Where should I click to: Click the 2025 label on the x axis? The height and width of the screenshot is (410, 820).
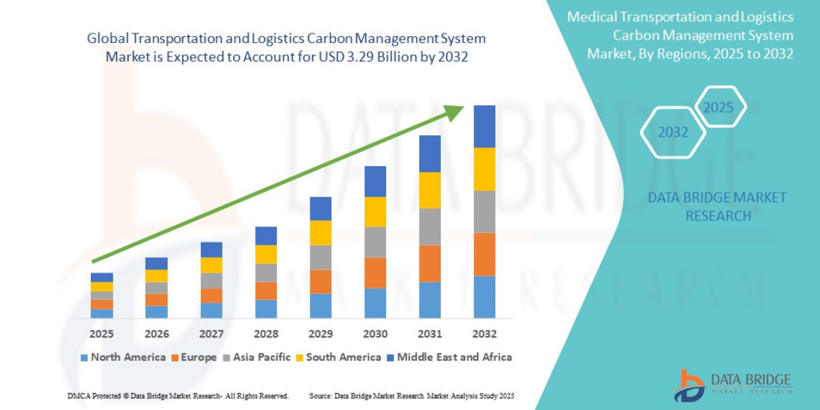coord(101,334)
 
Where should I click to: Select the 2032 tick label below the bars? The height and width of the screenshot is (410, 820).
coord(484,334)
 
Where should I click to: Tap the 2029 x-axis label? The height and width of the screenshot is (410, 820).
coord(320,334)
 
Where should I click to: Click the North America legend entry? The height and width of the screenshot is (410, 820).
coord(123,357)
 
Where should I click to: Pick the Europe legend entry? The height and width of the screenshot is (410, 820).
coord(194,357)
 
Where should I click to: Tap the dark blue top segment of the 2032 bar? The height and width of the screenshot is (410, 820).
coord(484,126)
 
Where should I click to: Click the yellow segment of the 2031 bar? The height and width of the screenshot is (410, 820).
coord(429,190)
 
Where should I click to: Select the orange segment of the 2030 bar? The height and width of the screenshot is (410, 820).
coord(374,272)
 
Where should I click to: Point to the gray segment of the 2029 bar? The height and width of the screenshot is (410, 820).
coord(320,257)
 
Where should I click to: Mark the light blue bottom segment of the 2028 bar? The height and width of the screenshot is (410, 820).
coord(266,309)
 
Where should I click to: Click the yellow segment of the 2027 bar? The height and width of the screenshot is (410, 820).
coord(211,265)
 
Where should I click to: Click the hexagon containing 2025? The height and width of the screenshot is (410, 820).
coord(718,107)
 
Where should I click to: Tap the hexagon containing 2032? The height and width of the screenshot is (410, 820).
coord(672,133)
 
